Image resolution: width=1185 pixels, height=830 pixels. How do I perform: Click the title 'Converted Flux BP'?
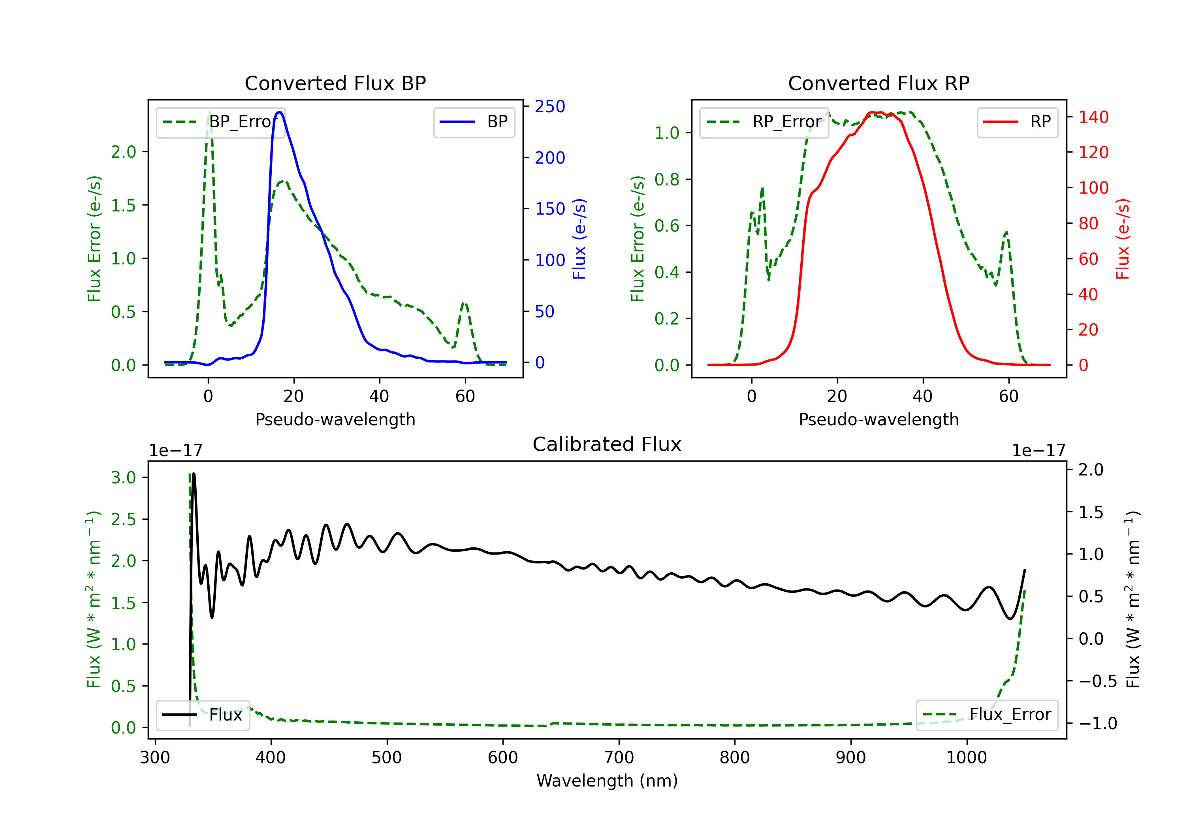(335, 83)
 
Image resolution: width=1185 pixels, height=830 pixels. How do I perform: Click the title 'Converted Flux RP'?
(878, 83)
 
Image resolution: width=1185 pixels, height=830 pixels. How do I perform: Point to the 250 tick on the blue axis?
(550, 106)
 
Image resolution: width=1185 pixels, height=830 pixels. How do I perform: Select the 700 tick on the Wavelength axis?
(619, 758)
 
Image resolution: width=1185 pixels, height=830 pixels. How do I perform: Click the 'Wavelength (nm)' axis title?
(607, 781)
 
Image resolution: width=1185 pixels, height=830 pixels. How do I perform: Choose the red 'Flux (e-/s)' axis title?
(1123, 239)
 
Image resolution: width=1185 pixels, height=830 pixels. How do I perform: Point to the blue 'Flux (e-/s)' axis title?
(579, 239)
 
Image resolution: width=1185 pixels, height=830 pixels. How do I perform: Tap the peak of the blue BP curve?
(279, 112)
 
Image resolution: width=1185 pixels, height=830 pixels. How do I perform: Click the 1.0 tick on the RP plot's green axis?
(667, 133)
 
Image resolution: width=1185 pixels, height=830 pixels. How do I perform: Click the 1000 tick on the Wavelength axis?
(966, 758)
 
